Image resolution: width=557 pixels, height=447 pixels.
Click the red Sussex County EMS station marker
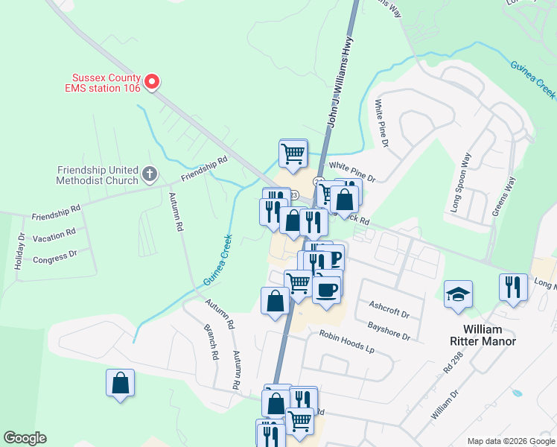pos(152,81)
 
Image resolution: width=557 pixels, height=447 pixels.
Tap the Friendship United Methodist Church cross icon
pos(149,175)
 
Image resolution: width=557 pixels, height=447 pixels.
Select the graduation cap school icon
pos(458,294)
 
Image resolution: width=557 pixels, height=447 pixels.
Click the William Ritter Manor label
pos(483,335)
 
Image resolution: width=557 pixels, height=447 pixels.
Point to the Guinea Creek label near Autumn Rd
pos(217,260)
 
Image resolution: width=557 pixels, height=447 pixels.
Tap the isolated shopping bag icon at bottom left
pos(121,384)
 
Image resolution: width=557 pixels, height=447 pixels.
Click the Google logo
pos(25,438)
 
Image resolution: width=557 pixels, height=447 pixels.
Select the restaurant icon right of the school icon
pos(512,288)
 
